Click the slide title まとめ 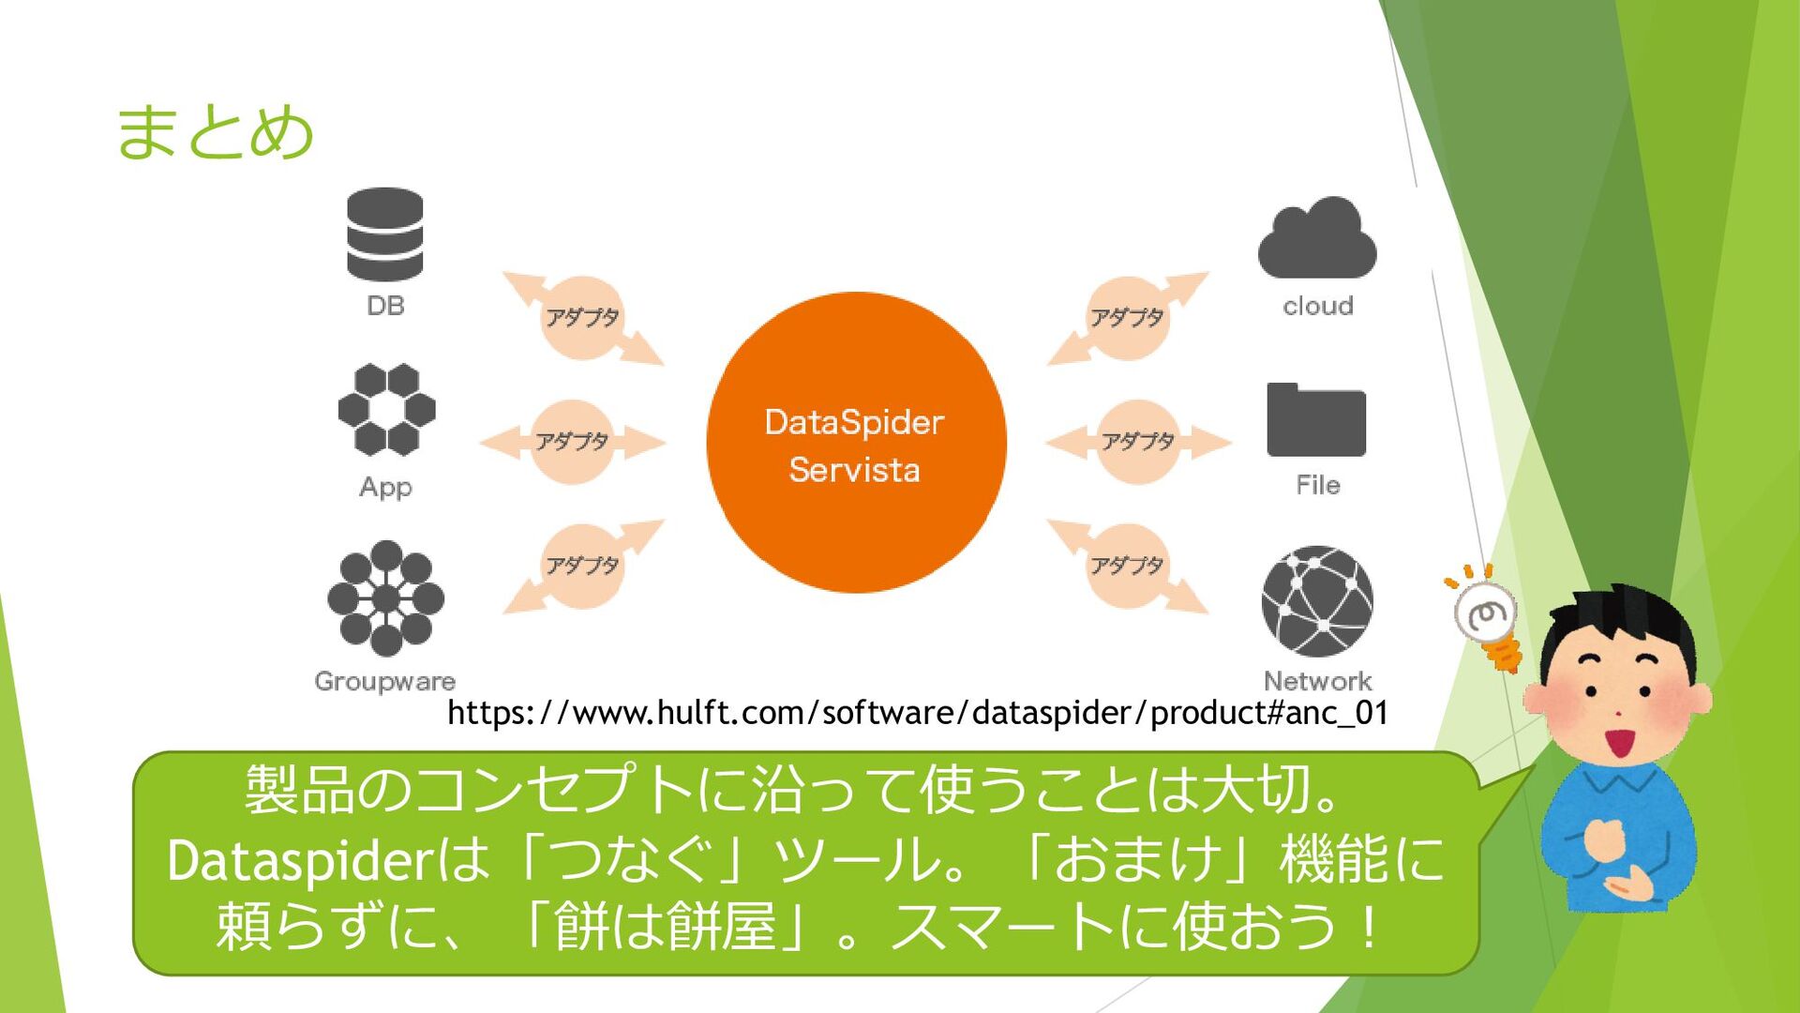(214, 131)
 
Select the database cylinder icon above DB (384, 234)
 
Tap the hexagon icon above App (386, 409)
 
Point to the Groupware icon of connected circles (385, 598)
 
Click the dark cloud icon (1317, 239)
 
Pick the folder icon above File (1316, 420)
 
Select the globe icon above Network (1317, 601)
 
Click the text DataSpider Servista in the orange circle (854, 446)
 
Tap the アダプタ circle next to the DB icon (582, 318)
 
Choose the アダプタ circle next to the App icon (572, 442)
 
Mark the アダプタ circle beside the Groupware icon (582, 566)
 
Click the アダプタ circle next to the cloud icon (1127, 318)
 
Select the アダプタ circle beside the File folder (1137, 442)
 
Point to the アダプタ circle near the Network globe (1127, 566)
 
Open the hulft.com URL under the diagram (917, 713)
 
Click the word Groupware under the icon (384, 681)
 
